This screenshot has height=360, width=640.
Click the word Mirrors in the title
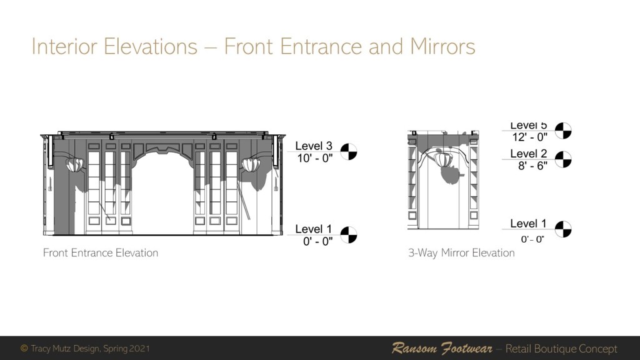click(442, 46)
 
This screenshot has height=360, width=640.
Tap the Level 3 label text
click(314, 146)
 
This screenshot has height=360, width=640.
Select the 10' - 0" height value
click(315, 158)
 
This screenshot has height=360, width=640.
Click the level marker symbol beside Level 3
click(349, 151)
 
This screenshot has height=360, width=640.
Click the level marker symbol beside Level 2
click(563, 159)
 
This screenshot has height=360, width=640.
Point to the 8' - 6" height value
click(532, 166)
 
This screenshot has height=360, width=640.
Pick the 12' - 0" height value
click(530, 137)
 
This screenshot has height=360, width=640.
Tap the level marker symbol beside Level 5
click(563, 131)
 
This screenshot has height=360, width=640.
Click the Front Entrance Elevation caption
click(101, 252)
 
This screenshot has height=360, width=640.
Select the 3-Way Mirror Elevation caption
click(461, 253)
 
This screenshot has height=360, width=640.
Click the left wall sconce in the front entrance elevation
click(74, 164)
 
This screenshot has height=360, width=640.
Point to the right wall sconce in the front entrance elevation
click(251, 164)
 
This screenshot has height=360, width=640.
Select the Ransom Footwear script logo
click(442, 349)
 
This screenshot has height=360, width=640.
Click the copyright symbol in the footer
click(24, 348)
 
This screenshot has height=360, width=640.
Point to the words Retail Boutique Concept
click(561, 349)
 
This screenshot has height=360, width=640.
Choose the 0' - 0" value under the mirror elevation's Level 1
click(532, 239)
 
